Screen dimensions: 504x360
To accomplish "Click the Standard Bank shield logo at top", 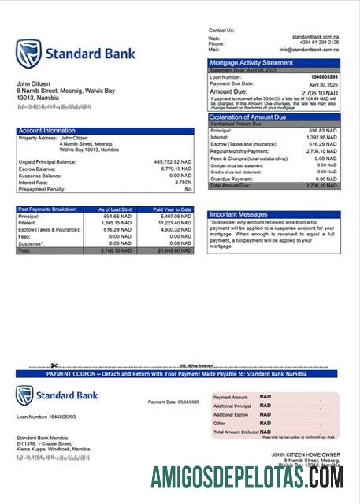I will click(x=29, y=54).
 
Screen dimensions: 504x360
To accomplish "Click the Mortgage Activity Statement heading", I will click(x=251, y=62).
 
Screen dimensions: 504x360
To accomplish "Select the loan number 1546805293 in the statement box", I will click(x=322, y=76).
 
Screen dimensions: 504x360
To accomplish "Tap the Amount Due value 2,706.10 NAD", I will click(x=318, y=92).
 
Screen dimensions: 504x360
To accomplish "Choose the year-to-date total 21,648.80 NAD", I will click(x=175, y=251).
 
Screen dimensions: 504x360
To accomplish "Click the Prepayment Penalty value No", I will click(x=188, y=190).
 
